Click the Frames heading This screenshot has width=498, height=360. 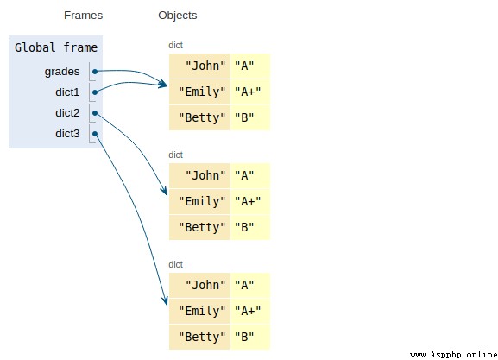click(83, 16)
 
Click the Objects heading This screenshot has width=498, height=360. click(178, 16)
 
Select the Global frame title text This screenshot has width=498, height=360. click(56, 47)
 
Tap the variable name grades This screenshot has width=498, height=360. click(62, 72)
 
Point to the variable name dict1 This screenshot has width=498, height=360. click(67, 92)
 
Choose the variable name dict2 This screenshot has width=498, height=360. click(67, 113)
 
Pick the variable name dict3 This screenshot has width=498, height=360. click(67, 134)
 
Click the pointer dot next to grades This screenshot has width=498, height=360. click(95, 72)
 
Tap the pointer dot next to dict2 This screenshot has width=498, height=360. click(95, 113)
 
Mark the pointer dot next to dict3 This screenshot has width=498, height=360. click(95, 134)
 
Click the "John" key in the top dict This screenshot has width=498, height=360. click(205, 66)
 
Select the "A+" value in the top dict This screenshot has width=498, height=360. click(248, 92)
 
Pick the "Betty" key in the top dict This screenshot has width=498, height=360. click(202, 117)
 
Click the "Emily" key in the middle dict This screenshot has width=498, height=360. click(202, 201)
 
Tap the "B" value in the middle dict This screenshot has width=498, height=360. click(244, 227)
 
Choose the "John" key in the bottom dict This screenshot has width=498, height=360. click(205, 285)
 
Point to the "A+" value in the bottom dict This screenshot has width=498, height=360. click(248, 311)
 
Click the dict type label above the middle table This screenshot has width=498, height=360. click(175, 155)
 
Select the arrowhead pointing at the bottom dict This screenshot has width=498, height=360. click(165, 300)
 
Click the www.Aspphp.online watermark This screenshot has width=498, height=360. click(453, 355)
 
